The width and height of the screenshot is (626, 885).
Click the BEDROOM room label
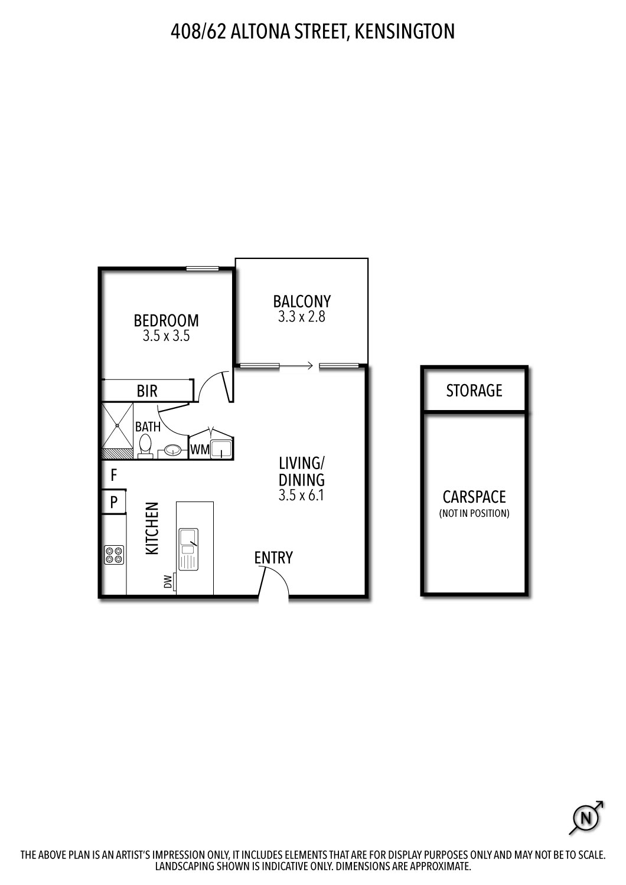[x=166, y=320]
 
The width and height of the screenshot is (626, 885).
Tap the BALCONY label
[x=301, y=301]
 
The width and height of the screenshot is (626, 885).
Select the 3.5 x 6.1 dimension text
[x=301, y=496]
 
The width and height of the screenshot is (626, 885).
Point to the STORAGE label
[x=474, y=391]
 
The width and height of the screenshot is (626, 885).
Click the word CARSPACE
[x=474, y=497]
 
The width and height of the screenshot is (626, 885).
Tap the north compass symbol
[x=586, y=818]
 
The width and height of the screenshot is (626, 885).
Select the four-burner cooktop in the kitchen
[x=114, y=555]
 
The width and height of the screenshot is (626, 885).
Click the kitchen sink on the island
[x=188, y=549]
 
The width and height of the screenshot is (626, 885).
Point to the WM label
[x=200, y=450]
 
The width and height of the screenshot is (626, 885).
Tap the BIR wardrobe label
[x=147, y=391]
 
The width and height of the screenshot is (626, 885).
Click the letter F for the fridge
[x=114, y=474]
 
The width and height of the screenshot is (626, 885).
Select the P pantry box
[x=114, y=503]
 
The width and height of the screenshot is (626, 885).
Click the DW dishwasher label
[x=168, y=582]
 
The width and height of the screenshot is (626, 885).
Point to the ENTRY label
[x=273, y=558]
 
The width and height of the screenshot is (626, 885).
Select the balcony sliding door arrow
[x=298, y=366]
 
